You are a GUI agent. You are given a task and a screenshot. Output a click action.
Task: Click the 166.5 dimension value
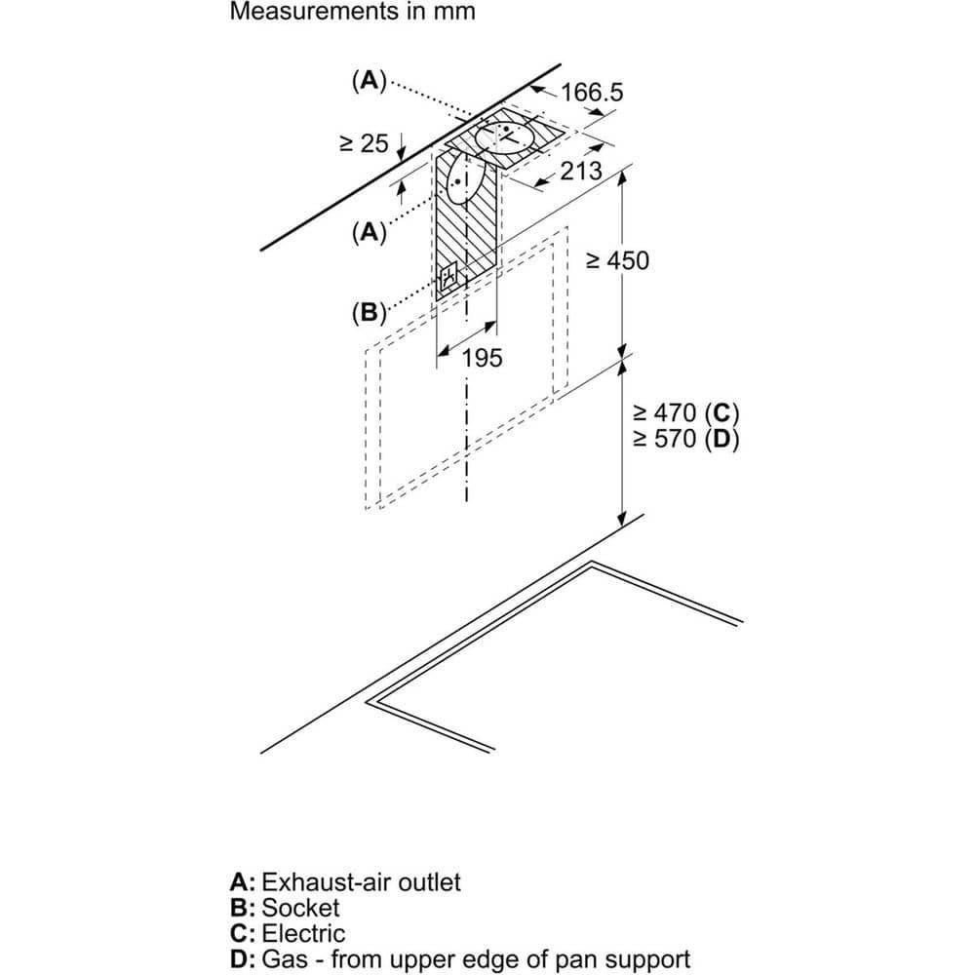point(592,93)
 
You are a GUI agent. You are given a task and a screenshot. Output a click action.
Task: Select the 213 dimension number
point(581,172)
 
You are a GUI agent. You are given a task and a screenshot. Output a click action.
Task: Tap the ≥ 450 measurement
point(616,260)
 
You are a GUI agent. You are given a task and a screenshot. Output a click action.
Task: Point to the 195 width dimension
point(482,358)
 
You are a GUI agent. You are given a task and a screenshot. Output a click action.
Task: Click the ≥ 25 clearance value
point(364,143)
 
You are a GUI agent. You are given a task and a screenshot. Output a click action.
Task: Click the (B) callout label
point(369,313)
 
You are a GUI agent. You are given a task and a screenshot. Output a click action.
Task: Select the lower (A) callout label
point(369,232)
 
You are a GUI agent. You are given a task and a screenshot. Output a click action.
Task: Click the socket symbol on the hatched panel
point(448,279)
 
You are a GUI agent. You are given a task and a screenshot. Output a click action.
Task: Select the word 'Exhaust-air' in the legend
point(322,882)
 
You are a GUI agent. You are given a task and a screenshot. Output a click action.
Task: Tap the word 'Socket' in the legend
point(301,908)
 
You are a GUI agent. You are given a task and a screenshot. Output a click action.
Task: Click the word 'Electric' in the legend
point(304,933)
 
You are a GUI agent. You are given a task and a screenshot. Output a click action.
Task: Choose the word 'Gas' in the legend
point(283,958)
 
